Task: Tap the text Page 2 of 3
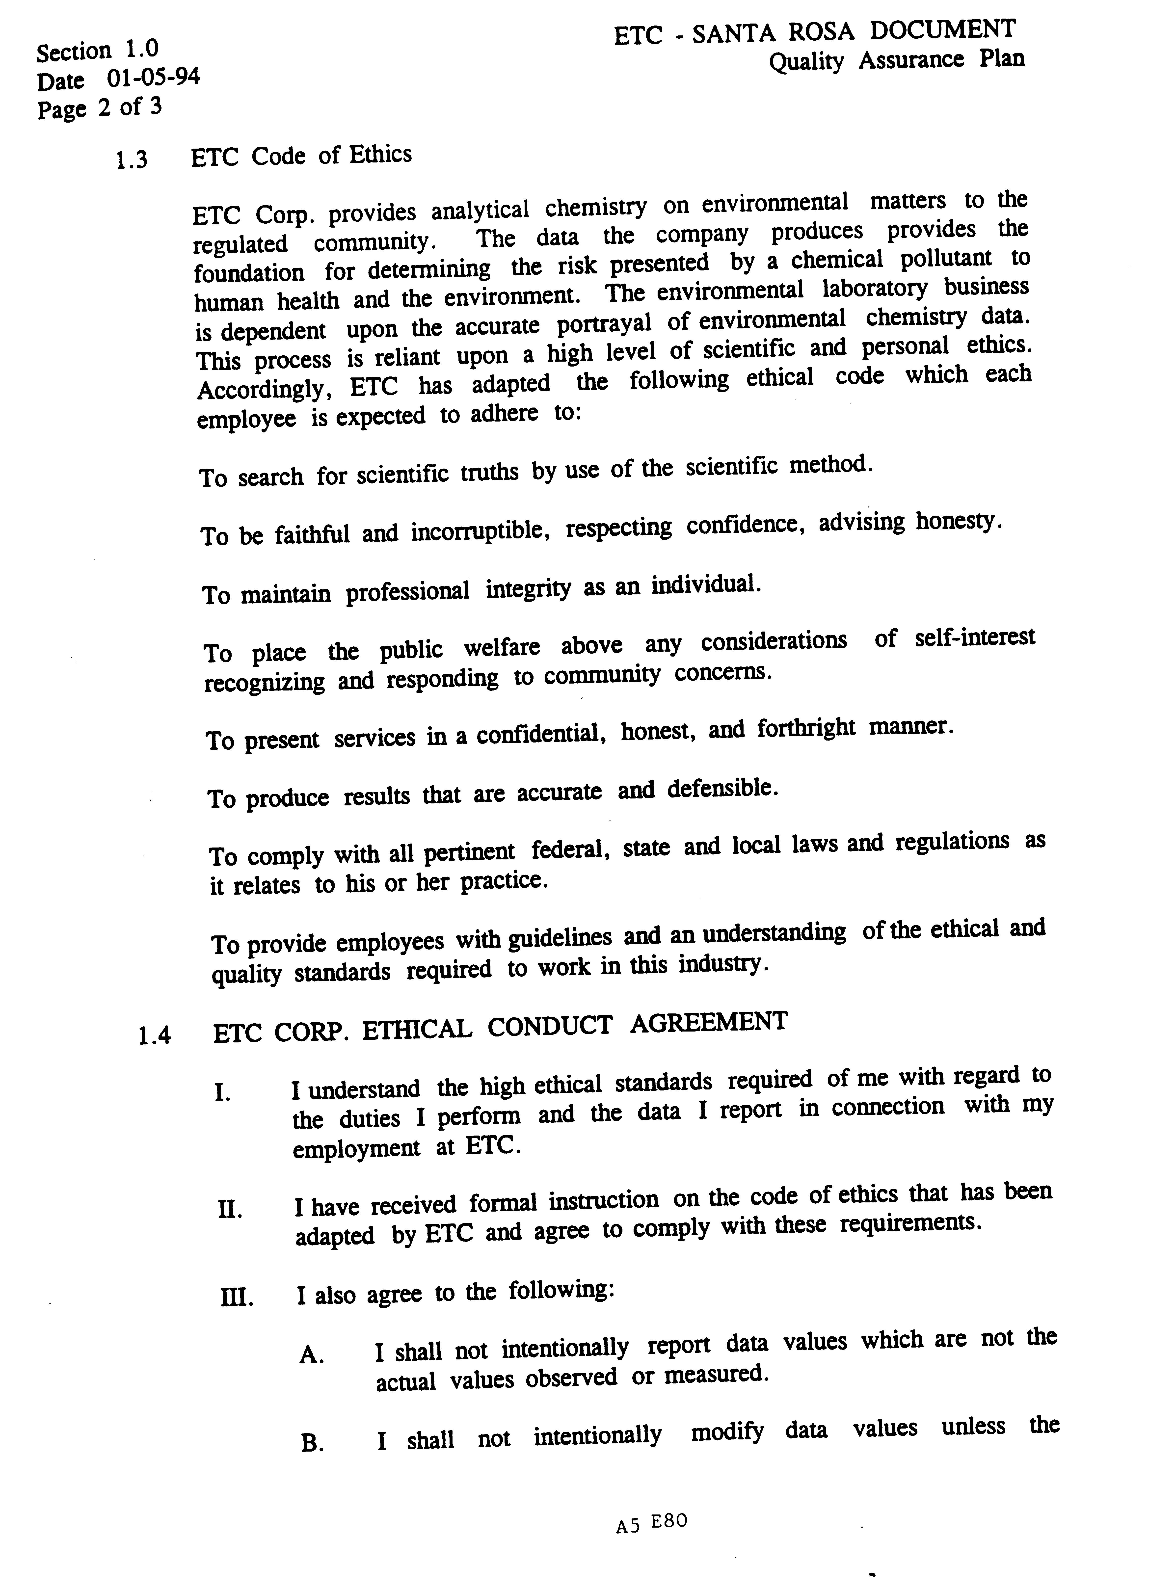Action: point(99,108)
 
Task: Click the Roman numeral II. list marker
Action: point(229,1210)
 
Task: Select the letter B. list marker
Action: point(311,1444)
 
